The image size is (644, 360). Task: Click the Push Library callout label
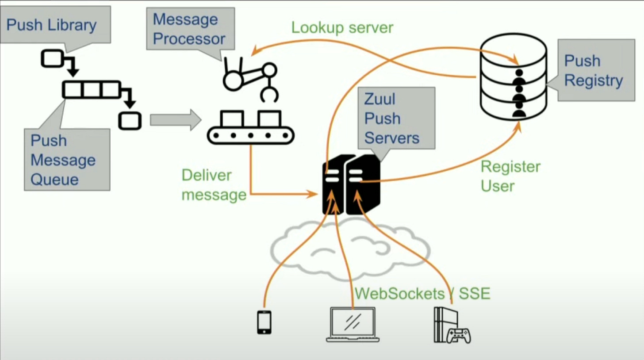(51, 25)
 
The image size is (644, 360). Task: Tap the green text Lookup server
(342, 27)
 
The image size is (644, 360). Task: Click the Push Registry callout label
(593, 71)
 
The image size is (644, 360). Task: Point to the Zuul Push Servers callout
(391, 118)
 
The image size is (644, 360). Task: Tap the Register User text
(510, 176)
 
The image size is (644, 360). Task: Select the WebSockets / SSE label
(422, 293)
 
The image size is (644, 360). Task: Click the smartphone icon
(264, 322)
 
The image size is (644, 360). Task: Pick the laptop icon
(353, 325)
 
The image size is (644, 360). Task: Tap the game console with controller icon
(450, 326)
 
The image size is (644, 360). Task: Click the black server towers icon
(352, 184)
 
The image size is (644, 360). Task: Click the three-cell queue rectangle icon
(91, 90)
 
